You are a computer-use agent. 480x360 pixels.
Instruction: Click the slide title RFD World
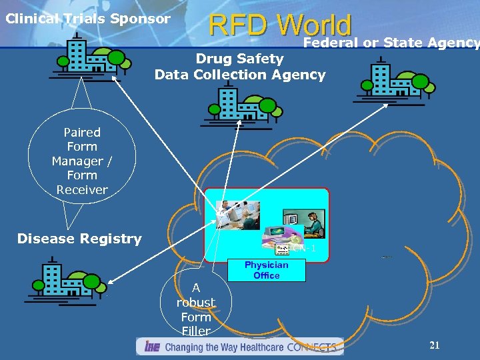click(x=280, y=25)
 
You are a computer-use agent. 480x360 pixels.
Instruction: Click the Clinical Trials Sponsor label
click(x=87, y=19)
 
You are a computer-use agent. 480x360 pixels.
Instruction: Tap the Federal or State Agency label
click(x=391, y=43)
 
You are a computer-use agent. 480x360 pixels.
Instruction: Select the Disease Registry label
click(x=79, y=239)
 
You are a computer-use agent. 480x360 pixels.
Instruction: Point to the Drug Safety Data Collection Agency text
click(x=240, y=67)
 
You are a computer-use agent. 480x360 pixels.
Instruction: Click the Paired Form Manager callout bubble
click(x=82, y=161)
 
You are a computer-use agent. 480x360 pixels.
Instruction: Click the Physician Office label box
click(x=267, y=270)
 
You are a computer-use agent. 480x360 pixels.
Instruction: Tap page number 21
click(x=435, y=345)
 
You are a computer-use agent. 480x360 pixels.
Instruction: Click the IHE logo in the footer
click(x=151, y=347)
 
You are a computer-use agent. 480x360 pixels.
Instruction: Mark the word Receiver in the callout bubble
click(x=82, y=190)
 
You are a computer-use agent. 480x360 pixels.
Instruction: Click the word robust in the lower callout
click(x=196, y=303)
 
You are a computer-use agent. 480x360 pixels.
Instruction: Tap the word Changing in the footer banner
click(x=184, y=347)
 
